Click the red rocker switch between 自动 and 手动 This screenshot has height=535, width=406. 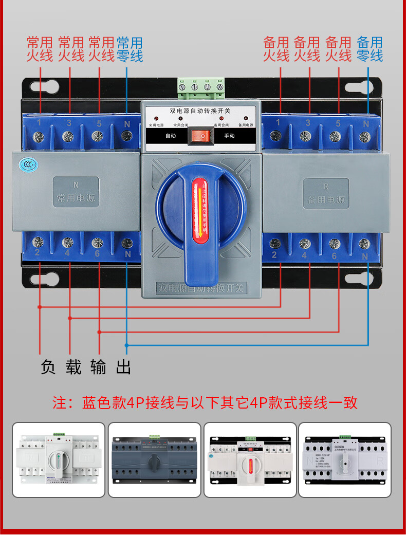[200, 137]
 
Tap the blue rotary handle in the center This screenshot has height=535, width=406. [201, 216]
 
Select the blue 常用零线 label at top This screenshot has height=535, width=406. [130, 49]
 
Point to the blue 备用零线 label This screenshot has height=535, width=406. [370, 49]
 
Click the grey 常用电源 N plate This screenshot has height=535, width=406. [76, 192]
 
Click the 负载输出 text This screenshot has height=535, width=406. [86, 367]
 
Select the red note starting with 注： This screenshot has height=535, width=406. [205, 402]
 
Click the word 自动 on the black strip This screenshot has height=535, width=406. [171, 136]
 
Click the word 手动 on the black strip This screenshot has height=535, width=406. [229, 136]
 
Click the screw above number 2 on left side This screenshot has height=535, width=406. [38, 242]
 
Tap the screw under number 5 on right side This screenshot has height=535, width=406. [335, 137]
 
